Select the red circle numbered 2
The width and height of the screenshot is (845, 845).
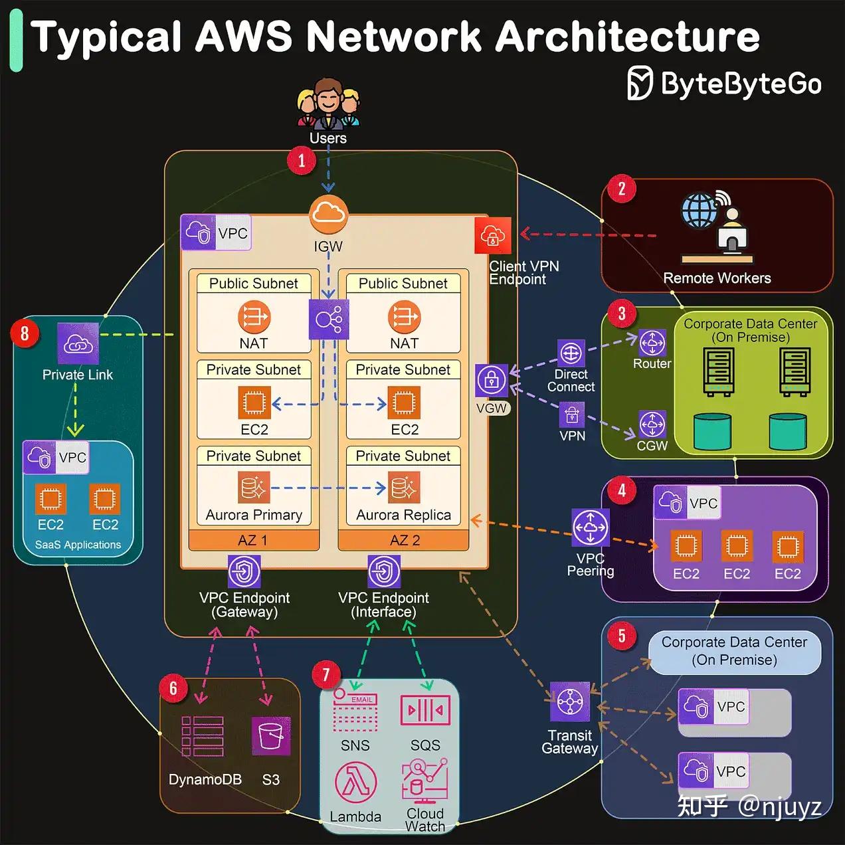(622, 189)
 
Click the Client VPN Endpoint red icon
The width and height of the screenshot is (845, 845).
(493, 235)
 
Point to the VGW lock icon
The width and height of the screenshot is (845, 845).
(492, 381)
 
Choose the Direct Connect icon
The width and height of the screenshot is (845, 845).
(571, 353)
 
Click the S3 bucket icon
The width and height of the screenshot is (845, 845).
(271, 736)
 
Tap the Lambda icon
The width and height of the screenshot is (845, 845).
(355, 783)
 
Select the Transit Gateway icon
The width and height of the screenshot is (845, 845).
(570, 702)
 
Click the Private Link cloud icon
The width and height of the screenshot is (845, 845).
(78, 343)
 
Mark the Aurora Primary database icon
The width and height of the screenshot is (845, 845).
(254, 488)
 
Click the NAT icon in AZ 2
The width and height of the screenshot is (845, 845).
(404, 317)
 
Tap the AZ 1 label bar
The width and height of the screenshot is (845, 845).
(254, 540)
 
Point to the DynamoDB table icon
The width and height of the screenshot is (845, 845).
(203, 736)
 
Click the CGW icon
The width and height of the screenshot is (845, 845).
(652, 424)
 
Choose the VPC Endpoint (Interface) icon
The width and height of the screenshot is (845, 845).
(384, 571)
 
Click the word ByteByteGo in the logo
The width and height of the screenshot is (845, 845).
(741, 84)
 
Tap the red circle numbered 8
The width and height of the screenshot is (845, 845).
(25, 332)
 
